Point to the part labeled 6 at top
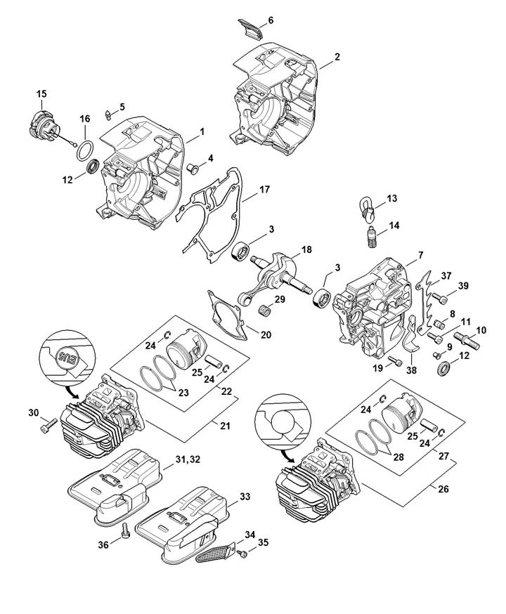251,26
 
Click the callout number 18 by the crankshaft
306,249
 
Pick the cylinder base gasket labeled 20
228,315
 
